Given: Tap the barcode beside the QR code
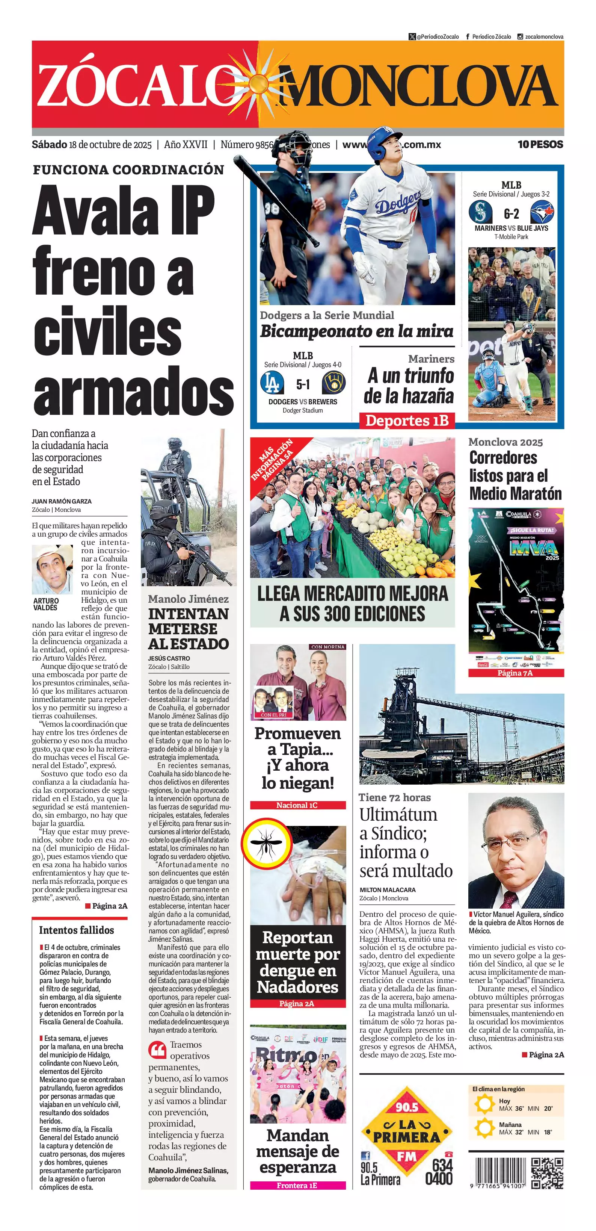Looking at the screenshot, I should pyautogui.click(x=498, y=1171).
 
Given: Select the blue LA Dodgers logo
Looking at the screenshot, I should pyautogui.click(x=272, y=383).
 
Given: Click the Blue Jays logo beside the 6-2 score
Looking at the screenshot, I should pyautogui.click(x=542, y=212).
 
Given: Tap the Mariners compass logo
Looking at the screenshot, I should pyautogui.click(x=480, y=212).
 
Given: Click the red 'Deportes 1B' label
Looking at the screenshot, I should pyautogui.click(x=406, y=420).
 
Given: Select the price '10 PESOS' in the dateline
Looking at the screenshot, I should pyautogui.click(x=540, y=144).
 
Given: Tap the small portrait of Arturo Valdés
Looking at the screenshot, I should pyautogui.click(x=52, y=569).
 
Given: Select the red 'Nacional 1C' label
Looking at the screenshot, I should pyautogui.click(x=297, y=805).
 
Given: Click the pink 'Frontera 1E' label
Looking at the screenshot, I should pyautogui.click(x=297, y=1185).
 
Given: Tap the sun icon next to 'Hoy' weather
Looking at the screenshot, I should pyautogui.click(x=484, y=1104).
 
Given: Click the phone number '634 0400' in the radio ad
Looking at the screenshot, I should pyautogui.click(x=439, y=1171).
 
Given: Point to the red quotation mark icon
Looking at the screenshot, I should pyautogui.click(x=157, y=1050).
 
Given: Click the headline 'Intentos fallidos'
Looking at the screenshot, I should pyautogui.click(x=76, y=930).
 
